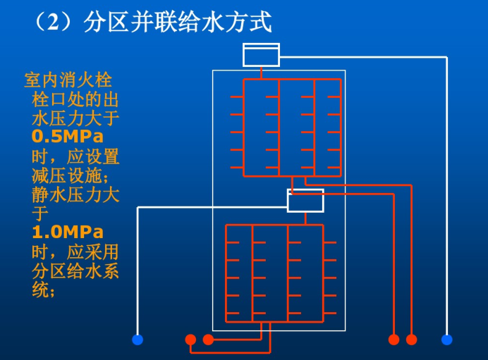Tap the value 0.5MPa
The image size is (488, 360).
pos(67,136)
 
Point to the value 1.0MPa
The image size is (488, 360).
pos(68,232)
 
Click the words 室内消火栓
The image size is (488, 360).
pos(68,80)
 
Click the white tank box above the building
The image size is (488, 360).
pos(261,55)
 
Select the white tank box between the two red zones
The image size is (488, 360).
pos(305,200)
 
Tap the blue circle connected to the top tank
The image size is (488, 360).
pos(446,340)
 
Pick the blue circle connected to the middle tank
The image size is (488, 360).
pos(138,340)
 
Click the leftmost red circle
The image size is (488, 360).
pos(190,340)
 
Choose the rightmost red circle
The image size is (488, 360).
pos(412,340)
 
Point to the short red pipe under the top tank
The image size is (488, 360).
pos(261,73)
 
